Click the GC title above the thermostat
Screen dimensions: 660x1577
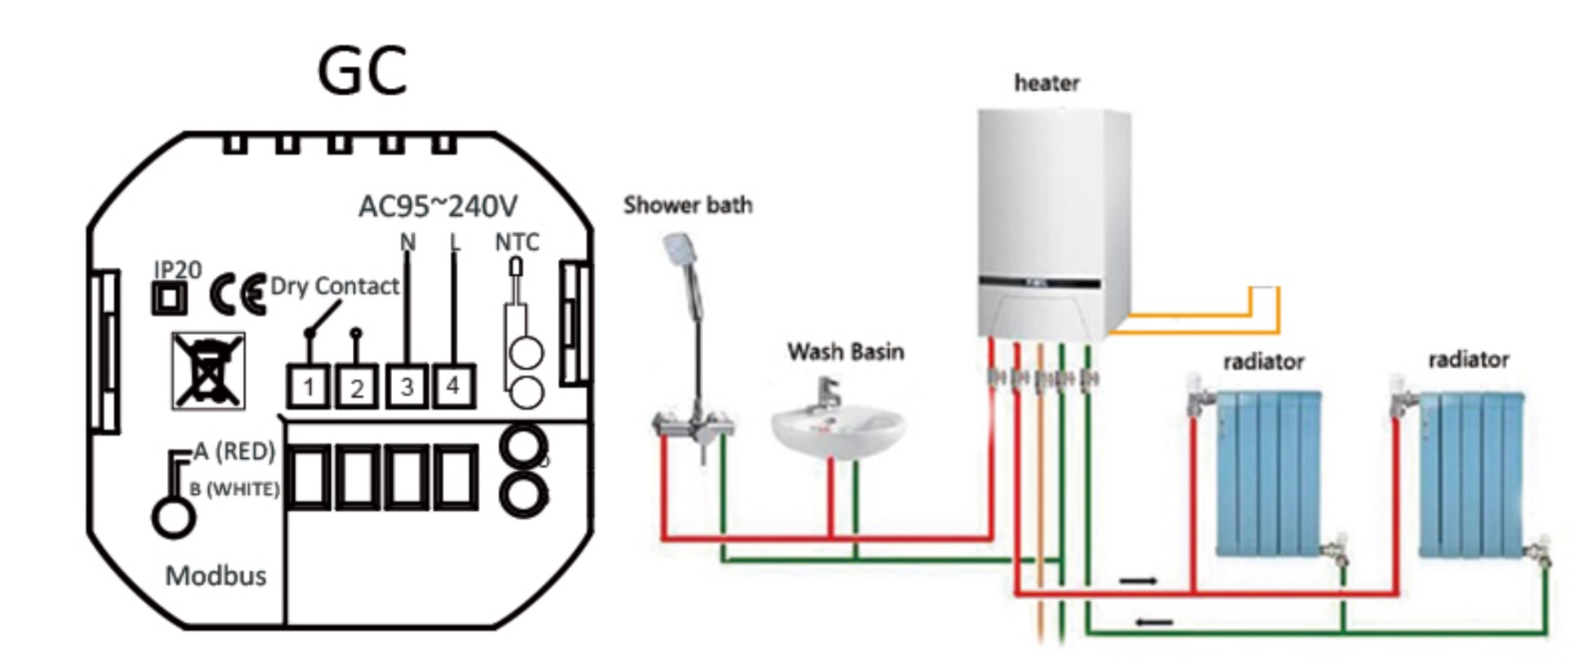(361, 71)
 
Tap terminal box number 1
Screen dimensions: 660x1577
(308, 387)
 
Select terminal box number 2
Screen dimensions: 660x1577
(357, 388)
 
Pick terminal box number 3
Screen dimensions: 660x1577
(407, 386)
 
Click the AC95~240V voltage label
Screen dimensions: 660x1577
(438, 207)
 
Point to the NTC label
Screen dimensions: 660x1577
(517, 242)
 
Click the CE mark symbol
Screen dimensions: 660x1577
(237, 294)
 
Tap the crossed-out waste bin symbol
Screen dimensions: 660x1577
(208, 371)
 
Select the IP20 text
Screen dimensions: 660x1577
(178, 270)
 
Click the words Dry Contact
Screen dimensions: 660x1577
(334, 286)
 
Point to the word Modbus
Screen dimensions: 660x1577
(216, 576)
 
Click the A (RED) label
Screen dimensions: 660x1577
(235, 451)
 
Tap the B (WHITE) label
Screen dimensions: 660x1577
(235, 489)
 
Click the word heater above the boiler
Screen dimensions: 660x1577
(1046, 83)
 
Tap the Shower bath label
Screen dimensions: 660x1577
(688, 205)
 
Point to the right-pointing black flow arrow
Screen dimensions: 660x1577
(1138, 581)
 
